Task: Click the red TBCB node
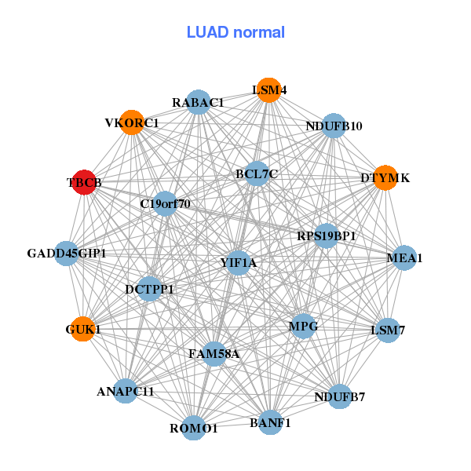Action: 84,182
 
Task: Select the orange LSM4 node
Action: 268,90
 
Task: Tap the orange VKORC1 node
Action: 132,122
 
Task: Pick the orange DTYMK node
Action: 384,178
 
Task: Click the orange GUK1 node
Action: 82,329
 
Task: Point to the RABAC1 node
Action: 199,102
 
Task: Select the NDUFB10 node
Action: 334,126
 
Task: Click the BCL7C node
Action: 257,173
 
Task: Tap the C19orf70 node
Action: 165,204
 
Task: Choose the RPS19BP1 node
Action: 327,235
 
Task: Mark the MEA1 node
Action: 404,257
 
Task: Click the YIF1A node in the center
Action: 239,263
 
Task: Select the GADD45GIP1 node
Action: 67,254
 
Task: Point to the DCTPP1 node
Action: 149,289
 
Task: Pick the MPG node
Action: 303,325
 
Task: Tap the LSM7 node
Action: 387,330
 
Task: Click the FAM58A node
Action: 214,354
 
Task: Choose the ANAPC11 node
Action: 126,390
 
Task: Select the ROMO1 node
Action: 194,428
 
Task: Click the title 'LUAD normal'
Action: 235,32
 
